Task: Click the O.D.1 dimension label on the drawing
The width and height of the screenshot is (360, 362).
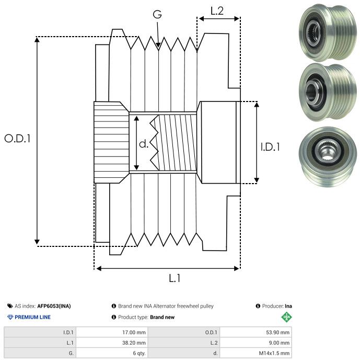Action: [x=18, y=139]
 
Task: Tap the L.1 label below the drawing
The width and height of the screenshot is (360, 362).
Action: [x=175, y=278]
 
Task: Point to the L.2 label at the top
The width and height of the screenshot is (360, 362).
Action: [x=217, y=11]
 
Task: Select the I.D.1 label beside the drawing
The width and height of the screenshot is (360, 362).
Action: [x=270, y=147]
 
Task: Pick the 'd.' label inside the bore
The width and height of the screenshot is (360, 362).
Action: [x=144, y=144]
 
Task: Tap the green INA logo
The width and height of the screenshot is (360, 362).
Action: [x=286, y=316]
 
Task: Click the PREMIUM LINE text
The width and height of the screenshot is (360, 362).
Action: [x=33, y=317]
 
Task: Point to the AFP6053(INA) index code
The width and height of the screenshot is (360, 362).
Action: [x=54, y=306]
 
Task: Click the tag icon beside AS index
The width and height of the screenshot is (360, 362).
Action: [x=10, y=306]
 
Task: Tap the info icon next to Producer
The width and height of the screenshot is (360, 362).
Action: [x=258, y=306]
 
